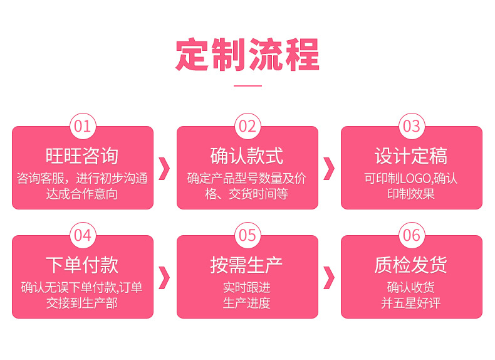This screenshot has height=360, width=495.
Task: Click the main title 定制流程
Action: pyautogui.click(x=247, y=55)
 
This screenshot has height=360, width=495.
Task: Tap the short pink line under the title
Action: pyautogui.click(x=247, y=85)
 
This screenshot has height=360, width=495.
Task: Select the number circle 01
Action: pyautogui.click(x=83, y=126)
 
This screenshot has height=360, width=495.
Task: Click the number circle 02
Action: pyautogui.click(x=247, y=126)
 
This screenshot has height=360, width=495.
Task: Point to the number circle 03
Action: pyautogui.click(x=412, y=126)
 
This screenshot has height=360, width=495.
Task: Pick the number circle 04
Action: pyautogui.click(x=83, y=235)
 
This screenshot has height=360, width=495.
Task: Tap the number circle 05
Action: pyautogui.click(x=247, y=235)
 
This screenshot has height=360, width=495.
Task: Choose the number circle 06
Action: pyautogui.click(x=412, y=235)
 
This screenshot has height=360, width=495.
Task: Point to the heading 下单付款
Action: pyautogui.click(x=82, y=265)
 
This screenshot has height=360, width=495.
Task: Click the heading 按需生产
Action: pyautogui.click(x=247, y=265)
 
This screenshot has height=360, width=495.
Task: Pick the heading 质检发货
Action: pyautogui.click(x=411, y=265)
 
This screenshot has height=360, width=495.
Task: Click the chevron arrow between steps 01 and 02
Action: pyautogui.click(x=165, y=168)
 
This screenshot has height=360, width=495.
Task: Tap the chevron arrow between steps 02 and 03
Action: pyautogui.click(x=329, y=168)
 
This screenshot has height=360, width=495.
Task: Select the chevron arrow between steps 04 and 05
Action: pyautogui.click(x=165, y=277)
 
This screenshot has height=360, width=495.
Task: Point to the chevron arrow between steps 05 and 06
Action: pyautogui.click(x=329, y=277)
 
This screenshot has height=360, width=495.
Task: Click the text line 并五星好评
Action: pyautogui.click(x=411, y=304)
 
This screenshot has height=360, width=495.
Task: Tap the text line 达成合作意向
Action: pyautogui.click(x=82, y=194)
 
